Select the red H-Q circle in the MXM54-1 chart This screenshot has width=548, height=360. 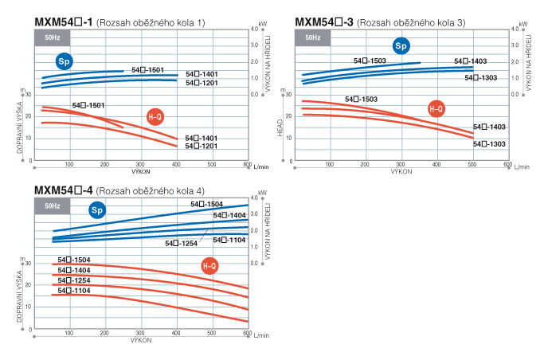pos(156,117)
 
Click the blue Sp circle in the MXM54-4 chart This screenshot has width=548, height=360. pos(97,210)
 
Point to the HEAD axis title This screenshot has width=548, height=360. pos(280,127)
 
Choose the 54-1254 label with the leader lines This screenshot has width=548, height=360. pos(181,244)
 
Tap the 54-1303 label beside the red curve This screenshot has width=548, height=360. pos(489,144)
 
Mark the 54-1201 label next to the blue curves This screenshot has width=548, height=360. pos(202,82)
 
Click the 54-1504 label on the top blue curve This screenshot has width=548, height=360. pos(206,205)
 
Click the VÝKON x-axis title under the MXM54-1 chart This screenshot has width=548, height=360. pos(141,171)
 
